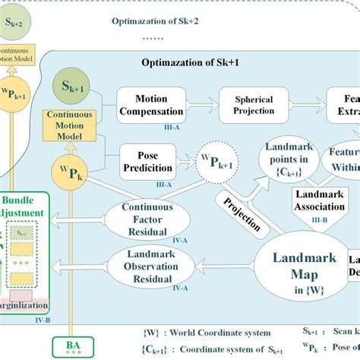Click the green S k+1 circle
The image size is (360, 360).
pyautogui.click(x=72, y=94)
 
